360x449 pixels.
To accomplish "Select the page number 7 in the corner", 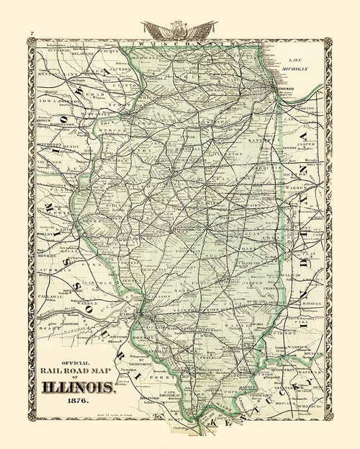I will tap(31, 35).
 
